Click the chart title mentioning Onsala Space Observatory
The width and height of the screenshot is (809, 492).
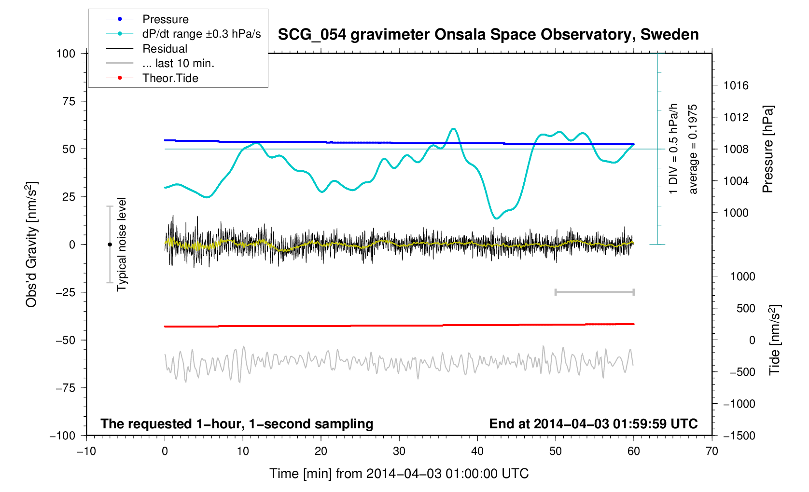[x=488, y=35]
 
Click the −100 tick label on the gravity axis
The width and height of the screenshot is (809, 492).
[x=63, y=436]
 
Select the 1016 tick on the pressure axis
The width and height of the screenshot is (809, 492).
[x=736, y=86]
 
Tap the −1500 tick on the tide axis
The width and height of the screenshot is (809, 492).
[x=739, y=436]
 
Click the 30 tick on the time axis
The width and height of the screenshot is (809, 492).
[x=399, y=451]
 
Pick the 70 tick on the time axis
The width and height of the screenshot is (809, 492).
[x=711, y=451]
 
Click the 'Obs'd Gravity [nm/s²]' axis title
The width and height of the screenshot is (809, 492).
[x=31, y=245]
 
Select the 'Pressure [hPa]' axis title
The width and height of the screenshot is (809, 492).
[x=767, y=149]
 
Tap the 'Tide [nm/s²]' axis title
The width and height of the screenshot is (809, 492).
[x=775, y=340]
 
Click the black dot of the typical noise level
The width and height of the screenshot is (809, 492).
[x=110, y=245]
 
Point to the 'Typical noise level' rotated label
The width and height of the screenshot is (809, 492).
[x=122, y=245]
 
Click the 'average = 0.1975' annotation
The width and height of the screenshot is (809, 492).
[x=693, y=149]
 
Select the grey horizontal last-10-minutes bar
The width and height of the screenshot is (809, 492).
[x=594, y=292]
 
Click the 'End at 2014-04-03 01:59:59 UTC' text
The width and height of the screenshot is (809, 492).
[x=593, y=424]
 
